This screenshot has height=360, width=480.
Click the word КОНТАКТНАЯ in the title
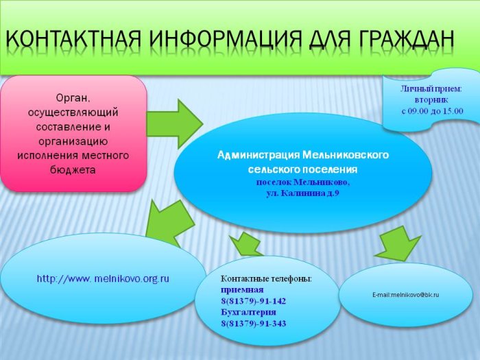73,39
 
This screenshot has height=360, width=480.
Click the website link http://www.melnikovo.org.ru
103,279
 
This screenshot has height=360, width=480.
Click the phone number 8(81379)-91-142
254,301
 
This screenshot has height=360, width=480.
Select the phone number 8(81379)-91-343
254,324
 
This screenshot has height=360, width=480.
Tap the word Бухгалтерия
248,312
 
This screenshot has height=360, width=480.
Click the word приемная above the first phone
242,290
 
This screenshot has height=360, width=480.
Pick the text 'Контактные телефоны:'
266,279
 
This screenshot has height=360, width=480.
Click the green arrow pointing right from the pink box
175,123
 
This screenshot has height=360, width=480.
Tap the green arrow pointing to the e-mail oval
397,244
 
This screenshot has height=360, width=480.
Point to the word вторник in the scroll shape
431,100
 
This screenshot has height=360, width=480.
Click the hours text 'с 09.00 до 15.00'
432,111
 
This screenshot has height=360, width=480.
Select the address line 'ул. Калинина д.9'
303,193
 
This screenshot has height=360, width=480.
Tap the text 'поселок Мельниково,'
303,182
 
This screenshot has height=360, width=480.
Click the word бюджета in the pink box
73,170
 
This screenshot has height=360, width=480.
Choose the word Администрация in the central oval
259,155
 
